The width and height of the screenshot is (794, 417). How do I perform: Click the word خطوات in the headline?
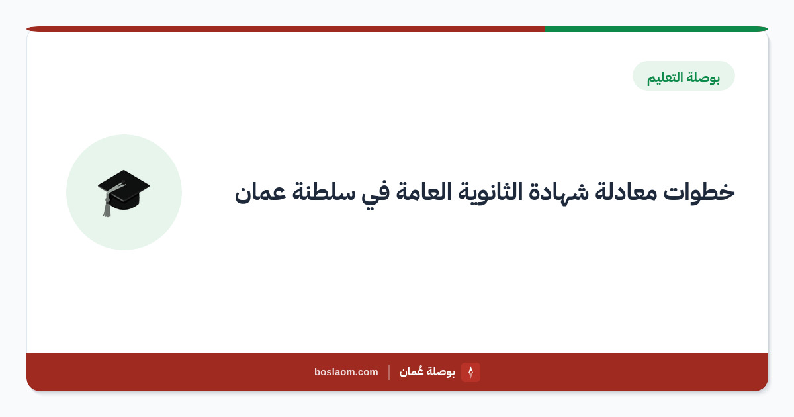coord(699,192)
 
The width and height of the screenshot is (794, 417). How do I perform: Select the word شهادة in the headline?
coord(558,192)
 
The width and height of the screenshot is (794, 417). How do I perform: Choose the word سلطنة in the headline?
coord(324,192)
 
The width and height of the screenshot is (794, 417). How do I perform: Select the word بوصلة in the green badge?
coord(703,77)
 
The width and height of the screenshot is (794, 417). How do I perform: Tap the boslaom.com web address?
coord(346,372)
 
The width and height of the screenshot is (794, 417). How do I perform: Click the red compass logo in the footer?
coord(470,372)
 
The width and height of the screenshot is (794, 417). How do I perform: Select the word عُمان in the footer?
coord(411,371)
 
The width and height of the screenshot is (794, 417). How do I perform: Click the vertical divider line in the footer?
coord(389,372)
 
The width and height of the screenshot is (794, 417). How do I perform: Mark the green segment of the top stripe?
coord(656,29)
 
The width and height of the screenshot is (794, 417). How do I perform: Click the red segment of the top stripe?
coord(286,29)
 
